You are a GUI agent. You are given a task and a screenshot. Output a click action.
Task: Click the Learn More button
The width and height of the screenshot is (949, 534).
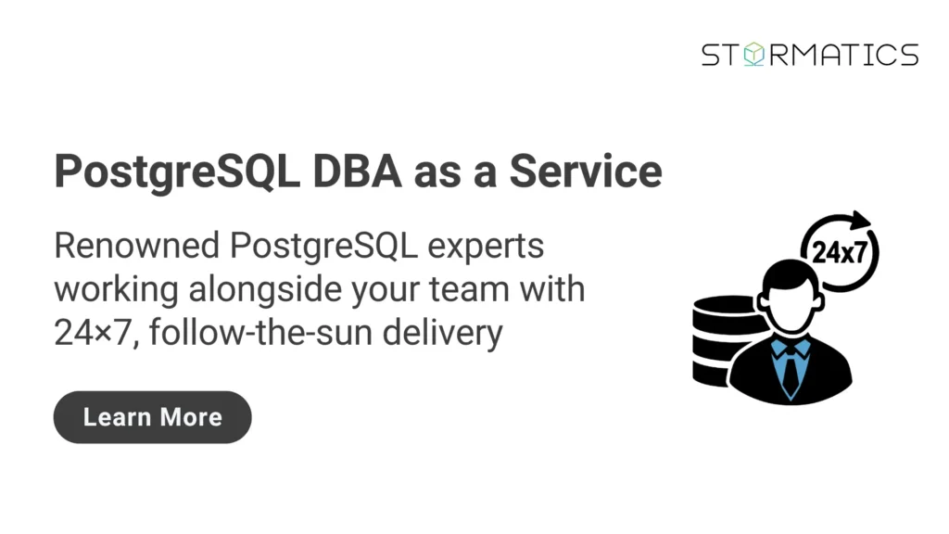(x=153, y=417)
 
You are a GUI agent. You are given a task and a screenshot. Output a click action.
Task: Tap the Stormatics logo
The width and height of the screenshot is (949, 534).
(x=810, y=55)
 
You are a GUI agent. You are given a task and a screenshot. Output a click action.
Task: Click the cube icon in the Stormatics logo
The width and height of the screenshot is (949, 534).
(x=754, y=54)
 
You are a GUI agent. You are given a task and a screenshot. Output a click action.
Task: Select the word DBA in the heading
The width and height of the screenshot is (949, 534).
(x=357, y=172)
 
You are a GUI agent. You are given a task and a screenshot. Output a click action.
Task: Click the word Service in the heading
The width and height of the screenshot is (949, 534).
(x=586, y=172)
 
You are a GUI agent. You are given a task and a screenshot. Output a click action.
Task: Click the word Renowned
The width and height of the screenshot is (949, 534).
(x=137, y=246)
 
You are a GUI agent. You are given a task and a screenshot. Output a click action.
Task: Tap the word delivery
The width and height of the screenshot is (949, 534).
(x=442, y=334)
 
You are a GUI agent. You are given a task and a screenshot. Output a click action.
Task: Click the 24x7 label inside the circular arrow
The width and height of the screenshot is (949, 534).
(x=839, y=252)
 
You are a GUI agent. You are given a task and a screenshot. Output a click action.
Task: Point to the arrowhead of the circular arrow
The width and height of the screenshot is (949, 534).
(x=859, y=219)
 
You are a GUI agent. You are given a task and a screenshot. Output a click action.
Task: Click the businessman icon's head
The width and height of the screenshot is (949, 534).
(x=790, y=295)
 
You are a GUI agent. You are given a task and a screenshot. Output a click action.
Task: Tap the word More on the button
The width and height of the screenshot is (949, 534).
(x=191, y=417)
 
